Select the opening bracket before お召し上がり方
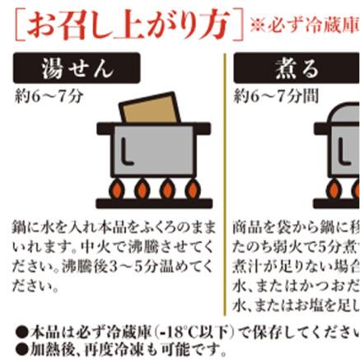click(19, 26)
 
